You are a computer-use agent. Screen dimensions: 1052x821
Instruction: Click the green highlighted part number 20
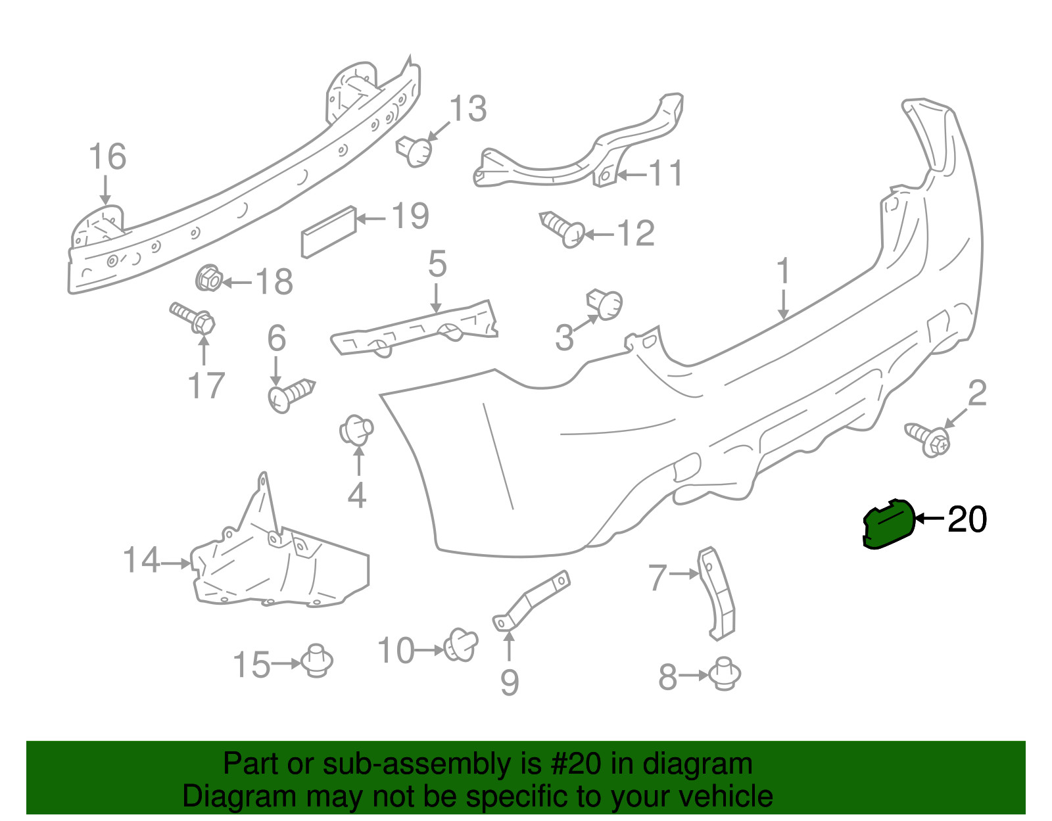890,524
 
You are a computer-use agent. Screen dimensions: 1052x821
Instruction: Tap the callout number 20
967,519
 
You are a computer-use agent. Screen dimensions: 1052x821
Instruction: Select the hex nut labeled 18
208,279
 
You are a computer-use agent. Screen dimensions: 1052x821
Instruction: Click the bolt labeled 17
193,318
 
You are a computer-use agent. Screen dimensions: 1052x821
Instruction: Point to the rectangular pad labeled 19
329,232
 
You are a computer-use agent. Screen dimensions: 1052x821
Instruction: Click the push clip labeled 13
414,151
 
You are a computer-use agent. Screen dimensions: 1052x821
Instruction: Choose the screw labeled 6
291,396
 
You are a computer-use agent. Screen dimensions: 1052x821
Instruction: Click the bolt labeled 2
927,440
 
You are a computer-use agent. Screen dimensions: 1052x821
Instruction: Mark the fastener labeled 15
317,661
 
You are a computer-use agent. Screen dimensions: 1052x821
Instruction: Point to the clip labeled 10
461,645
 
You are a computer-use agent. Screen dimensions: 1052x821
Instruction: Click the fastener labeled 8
725,673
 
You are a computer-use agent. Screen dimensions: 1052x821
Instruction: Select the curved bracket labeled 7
717,593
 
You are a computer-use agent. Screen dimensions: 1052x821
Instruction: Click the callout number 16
107,156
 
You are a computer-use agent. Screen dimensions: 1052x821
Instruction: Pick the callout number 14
141,560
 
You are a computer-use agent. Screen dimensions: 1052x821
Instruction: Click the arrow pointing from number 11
633,174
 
